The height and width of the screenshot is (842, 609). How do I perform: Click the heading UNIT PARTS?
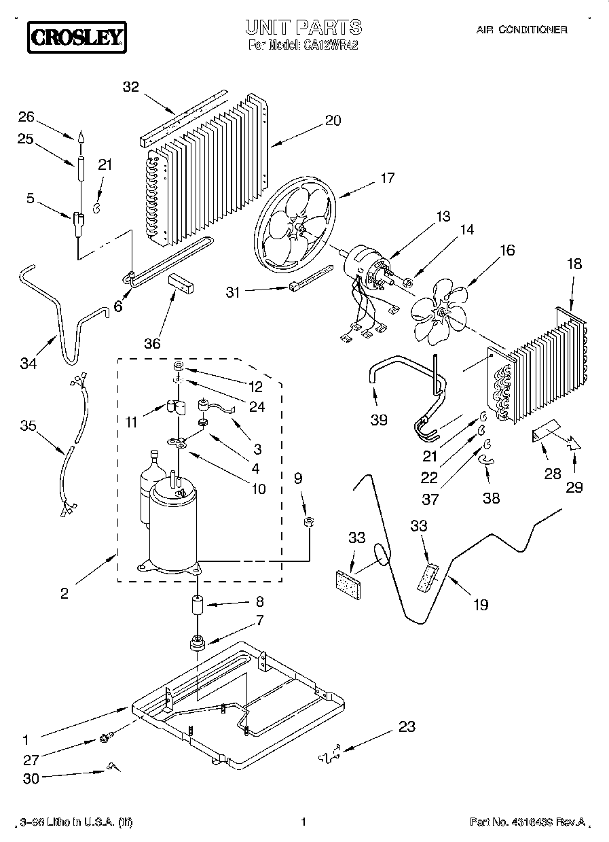coord(303,28)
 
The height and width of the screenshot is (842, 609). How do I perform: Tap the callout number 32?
coord(130,87)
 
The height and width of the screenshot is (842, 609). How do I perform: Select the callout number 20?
coord(333,120)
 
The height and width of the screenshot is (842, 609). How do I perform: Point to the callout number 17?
coord(386,179)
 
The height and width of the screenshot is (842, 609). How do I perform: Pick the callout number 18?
coord(574,264)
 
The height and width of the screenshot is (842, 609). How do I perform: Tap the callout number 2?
coord(64,593)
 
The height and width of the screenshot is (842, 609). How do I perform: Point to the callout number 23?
coord(406,726)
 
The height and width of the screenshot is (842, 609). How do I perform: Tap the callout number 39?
coord(379,419)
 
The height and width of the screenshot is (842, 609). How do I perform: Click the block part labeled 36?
coord(182,282)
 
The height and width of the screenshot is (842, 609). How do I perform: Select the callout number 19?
coord(480,603)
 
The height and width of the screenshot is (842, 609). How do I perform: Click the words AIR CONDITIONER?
coord(522,30)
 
